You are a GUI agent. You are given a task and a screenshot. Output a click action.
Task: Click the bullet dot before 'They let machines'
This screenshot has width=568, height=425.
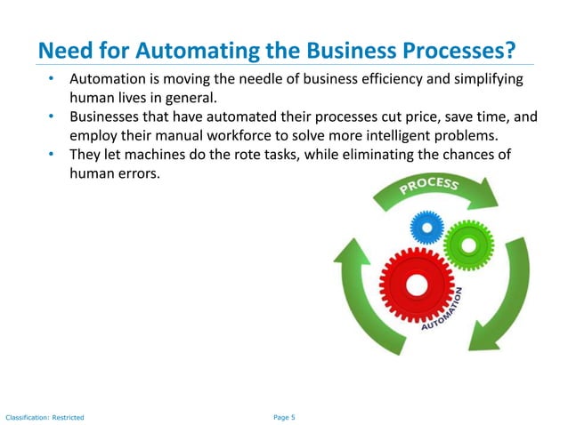[53, 156]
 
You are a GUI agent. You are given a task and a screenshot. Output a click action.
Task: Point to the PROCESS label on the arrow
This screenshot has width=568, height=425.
[430, 185]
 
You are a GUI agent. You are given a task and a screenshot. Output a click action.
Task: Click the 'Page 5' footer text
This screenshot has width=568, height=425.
[282, 416]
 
